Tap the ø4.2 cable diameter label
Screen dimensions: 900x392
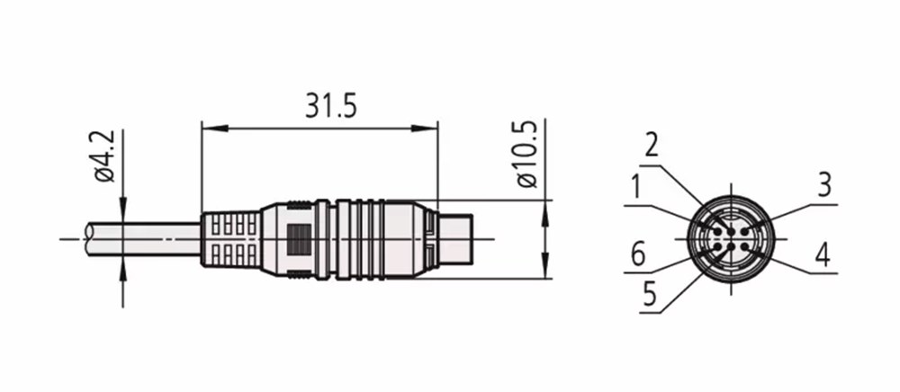[105, 156]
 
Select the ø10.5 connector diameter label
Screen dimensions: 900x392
[526, 154]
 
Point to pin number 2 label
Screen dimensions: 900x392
[652, 146]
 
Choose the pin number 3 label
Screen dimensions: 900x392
[824, 185]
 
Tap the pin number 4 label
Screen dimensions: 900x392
[823, 255]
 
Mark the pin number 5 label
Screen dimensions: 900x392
[649, 294]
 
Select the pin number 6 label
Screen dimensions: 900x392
[638, 254]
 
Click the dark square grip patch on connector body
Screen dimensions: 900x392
[299, 239]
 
